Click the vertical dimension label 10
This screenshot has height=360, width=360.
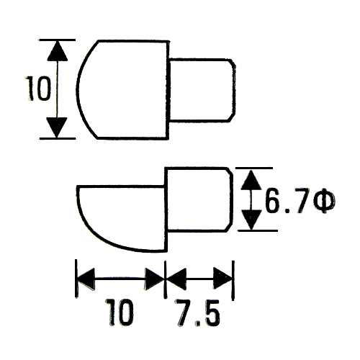[x=39, y=89]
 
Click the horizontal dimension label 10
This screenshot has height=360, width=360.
[x=120, y=312]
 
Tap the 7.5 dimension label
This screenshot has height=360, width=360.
[x=197, y=312]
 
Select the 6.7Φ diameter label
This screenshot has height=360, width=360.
[x=300, y=202]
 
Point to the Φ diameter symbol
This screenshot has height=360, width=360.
[x=325, y=202]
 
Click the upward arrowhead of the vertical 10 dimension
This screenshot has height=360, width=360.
[x=57, y=51]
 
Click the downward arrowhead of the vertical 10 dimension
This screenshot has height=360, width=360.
[x=57, y=127]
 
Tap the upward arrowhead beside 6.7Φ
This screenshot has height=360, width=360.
[x=251, y=180]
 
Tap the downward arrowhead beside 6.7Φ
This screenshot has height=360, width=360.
[x=251, y=220]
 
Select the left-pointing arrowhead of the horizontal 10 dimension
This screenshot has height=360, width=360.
[x=86, y=279]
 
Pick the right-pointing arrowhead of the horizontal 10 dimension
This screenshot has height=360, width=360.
[x=154, y=279]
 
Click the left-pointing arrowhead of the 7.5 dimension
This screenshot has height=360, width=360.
[x=176, y=279]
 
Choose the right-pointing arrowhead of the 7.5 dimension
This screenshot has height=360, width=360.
[x=222, y=279]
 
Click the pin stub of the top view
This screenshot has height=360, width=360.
[x=202, y=90]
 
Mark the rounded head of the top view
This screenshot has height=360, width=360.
[x=122, y=89]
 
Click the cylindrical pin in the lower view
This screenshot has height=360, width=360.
[x=198, y=199]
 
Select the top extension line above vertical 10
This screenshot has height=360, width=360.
[x=58, y=40]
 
